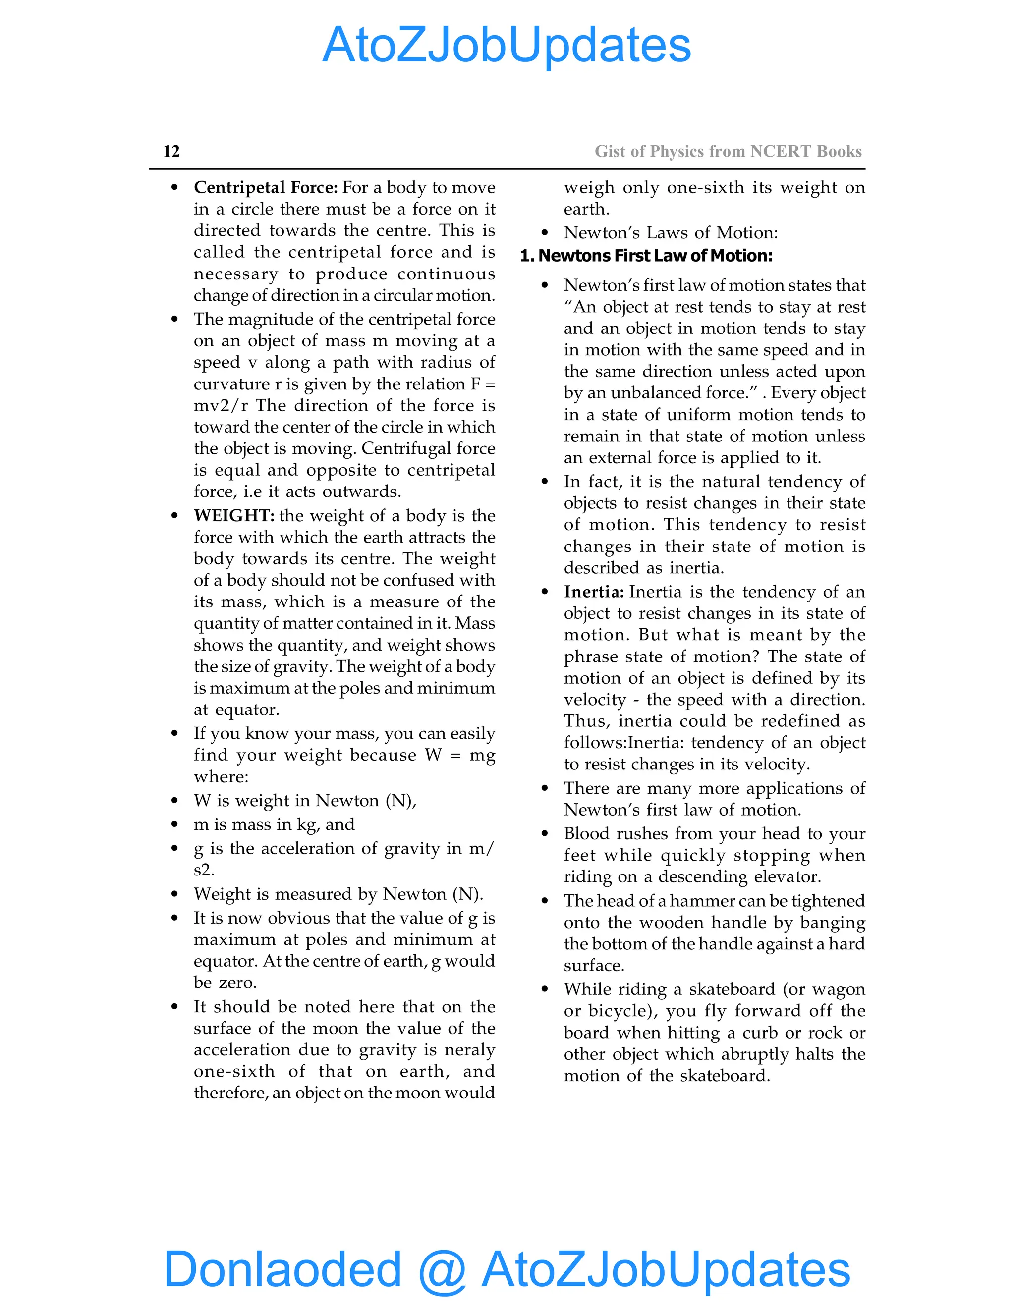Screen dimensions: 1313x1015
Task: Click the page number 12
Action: point(171,151)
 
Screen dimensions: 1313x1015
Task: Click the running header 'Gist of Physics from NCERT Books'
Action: point(728,151)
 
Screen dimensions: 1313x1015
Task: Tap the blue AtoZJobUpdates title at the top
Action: point(507,45)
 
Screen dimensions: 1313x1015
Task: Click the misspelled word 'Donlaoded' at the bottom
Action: point(282,1269)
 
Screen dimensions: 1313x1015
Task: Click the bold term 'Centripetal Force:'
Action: point(265,188)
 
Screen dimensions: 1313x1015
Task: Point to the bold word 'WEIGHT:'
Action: point(233,516)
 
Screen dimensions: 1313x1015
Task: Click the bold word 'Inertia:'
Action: point(593,592)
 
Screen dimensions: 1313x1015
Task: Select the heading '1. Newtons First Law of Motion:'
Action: point(646,256)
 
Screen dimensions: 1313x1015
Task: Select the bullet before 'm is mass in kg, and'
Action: point(174,825)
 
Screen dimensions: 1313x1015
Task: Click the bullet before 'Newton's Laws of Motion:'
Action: point(545,233)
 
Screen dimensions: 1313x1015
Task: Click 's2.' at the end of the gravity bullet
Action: point(204,870)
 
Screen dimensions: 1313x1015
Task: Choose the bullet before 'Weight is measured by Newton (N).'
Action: point(174,894)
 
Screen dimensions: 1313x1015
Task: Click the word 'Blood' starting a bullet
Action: point(586,834)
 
